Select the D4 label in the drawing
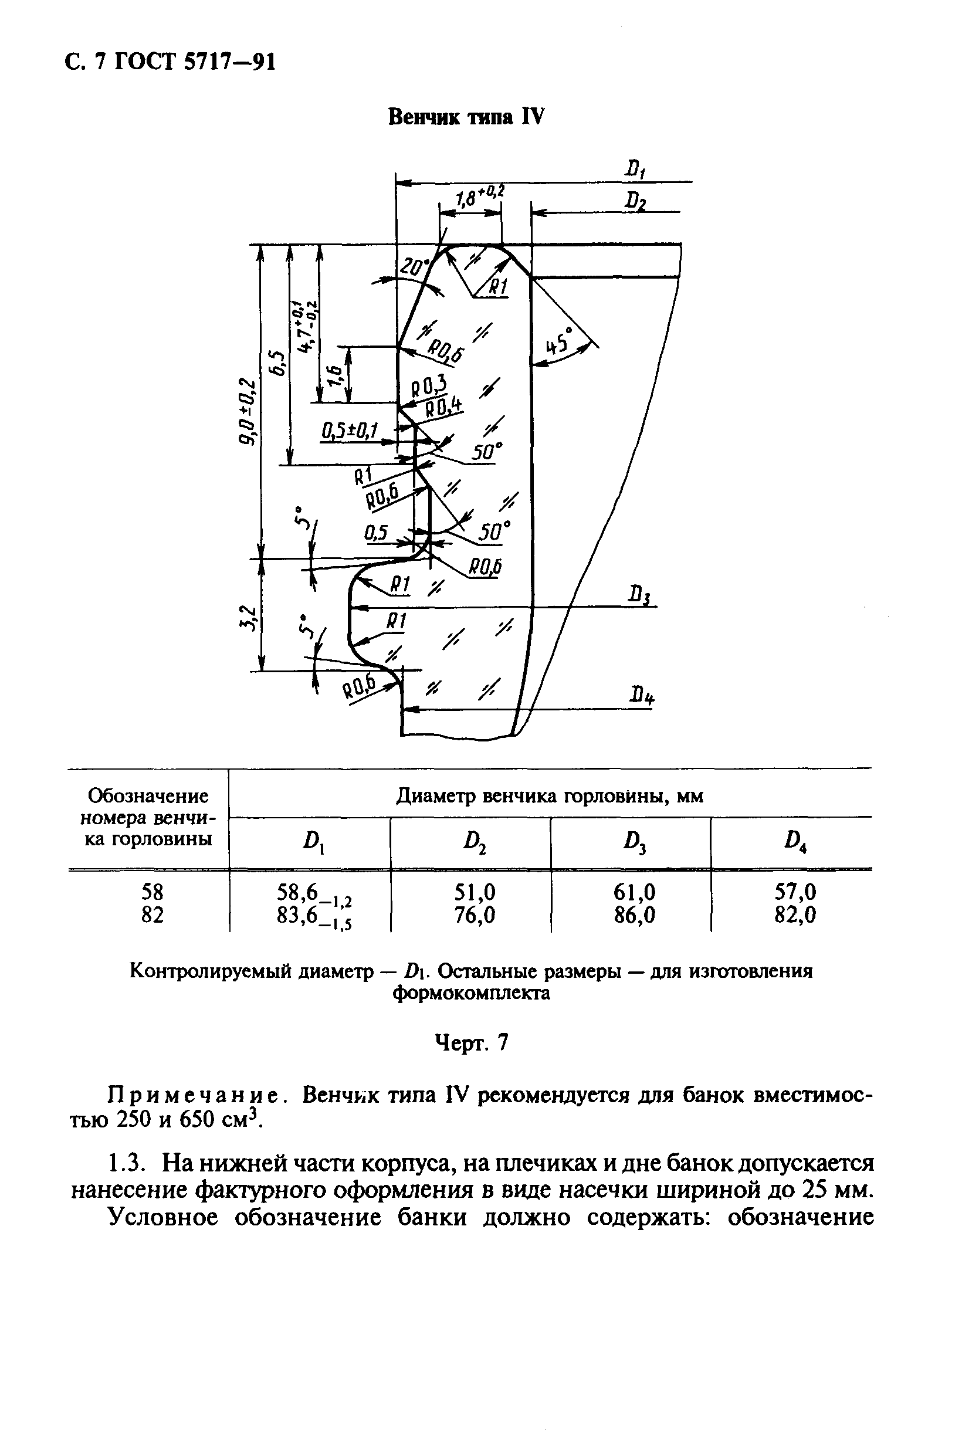coord(642,696)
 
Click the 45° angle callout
coord(559,343)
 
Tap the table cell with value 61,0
coord(634,892)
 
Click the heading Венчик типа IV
coord(466,117)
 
